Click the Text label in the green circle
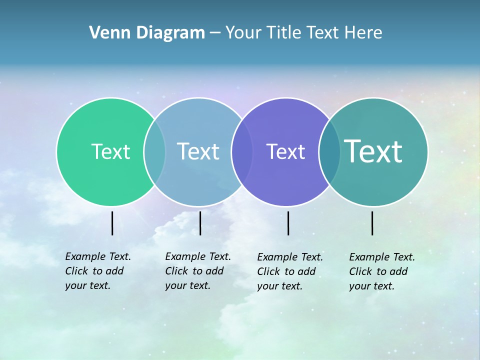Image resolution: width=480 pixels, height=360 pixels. [110, 151]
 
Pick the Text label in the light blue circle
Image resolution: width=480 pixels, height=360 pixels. [198, 151]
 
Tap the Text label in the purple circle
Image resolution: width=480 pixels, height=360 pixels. [285, 151]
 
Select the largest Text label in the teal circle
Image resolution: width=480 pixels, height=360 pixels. [373, 151]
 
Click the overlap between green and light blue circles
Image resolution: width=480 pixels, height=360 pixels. [154, 151]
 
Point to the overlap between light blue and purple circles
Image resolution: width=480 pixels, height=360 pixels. [242, 151]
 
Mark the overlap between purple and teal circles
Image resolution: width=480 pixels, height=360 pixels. [329, 151]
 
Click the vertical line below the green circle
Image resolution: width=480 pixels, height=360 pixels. [112, 223]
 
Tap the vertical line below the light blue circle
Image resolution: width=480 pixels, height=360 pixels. [200, 223]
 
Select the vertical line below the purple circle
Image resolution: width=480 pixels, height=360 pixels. [288, 223]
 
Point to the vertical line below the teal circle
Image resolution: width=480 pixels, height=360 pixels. [372, 223]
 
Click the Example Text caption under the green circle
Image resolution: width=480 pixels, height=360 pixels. [98, 271]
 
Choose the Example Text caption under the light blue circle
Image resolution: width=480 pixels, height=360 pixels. [198, 271]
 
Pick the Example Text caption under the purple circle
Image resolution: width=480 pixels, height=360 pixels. [290, 271]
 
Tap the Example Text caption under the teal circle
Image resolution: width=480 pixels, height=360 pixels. [382, 271]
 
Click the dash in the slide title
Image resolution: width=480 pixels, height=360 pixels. [214, 33]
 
